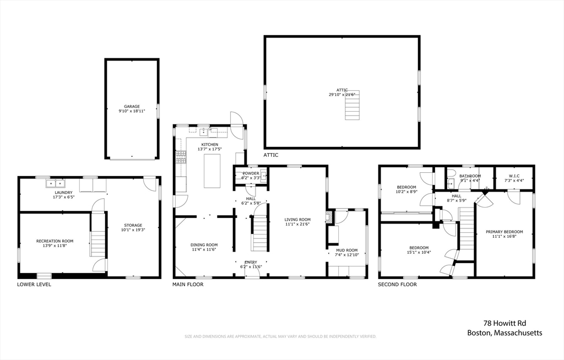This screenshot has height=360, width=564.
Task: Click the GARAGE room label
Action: pyautogui.click(x=132, y=106)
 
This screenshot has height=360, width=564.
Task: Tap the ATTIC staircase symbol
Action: pyautogui.click(x=351, y=105)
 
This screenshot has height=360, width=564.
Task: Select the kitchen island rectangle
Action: pyautogui.click(x=212, y=171)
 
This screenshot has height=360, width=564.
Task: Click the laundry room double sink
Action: pyautogui.click(x=55, y=184)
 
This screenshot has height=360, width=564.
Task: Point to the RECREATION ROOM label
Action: pyautogui.click(x=55, y=241)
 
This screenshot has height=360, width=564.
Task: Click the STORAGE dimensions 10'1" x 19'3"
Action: pyautogui.click(x=133, y=230)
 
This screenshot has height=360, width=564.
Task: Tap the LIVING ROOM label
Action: pyautogui.click(x=297, y=219)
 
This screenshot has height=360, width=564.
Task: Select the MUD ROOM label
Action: pyautogui.click(x=347, y=250)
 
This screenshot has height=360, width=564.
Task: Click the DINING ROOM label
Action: pyautogui.click(x=204, y=245)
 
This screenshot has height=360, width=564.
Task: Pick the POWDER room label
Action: pyautogui.click(x=251, y=173)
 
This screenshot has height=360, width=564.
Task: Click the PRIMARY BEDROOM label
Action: pyautogui.click(x=504, y=232)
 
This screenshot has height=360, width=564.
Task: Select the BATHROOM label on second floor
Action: pyautogui.click(x=470, y=176)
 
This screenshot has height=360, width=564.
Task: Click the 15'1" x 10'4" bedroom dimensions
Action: pyautogui.click(x=419, y=253)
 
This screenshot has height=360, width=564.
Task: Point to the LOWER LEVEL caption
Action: pyautogui.click(x=34, y=285)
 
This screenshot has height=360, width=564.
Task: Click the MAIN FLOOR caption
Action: pyautogui.click(x=188, y=285)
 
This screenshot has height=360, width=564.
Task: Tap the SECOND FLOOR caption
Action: pyautogui.click(x=397, y=285)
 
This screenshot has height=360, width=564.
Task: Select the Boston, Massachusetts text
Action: pyautogui.click(x=505, y=332)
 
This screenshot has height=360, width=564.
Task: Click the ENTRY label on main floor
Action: pyautogui.click(x=251, y=262)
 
